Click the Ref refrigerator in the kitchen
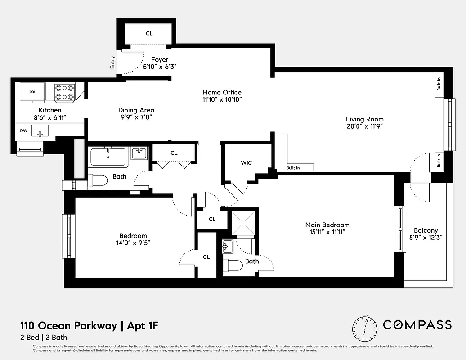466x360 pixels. click(x=33, y=91)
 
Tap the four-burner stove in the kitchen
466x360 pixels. click(x=64, y=92)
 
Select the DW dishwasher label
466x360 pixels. click(x=24, y=131)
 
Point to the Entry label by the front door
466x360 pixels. click(x=112, y=62)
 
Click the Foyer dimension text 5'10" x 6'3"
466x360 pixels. click(x=160, y=66)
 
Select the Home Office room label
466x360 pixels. click(x=222, y=92)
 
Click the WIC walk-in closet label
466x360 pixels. click(x=246, y=162)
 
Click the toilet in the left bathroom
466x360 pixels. click(x=97, y=181)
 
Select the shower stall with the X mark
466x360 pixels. click(x=243, y=223)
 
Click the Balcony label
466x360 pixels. click(x=426, y=230)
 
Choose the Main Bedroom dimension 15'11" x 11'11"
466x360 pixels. click(x=327, y=232)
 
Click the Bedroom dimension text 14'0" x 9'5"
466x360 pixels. click(x=133, y=243)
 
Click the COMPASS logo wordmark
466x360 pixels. click(x=417, y=324)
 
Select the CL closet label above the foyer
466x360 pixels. click(x=149, y=33)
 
